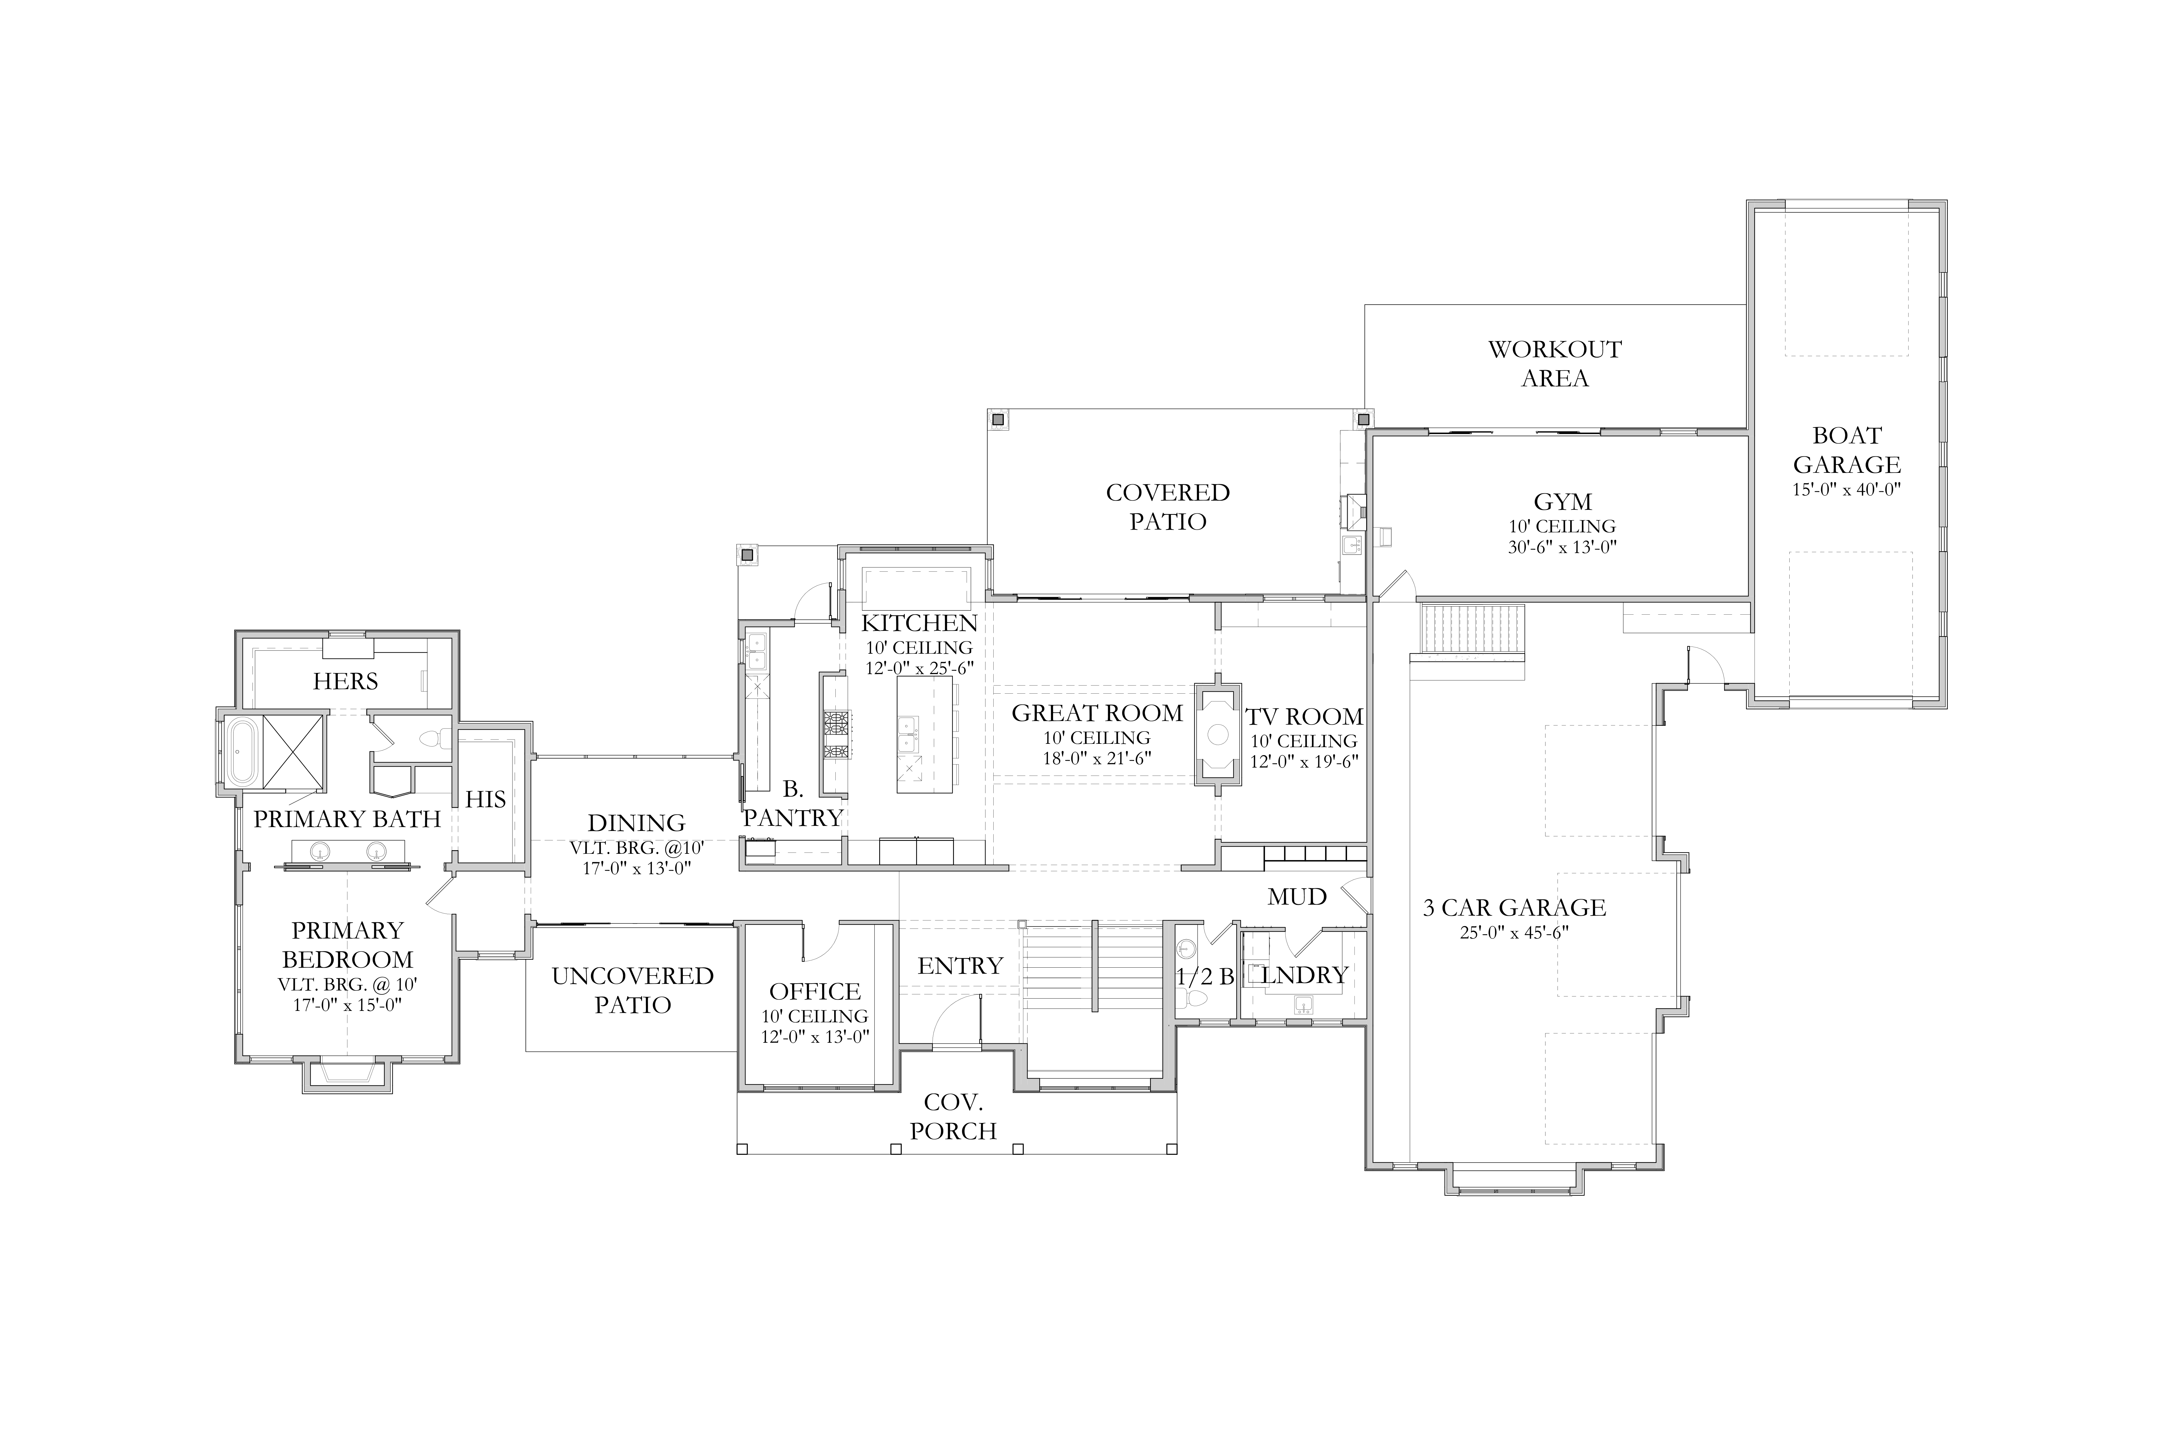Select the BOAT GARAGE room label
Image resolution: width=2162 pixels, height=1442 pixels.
pos(1847,450)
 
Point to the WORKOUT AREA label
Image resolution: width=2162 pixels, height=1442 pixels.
pos(1555,363)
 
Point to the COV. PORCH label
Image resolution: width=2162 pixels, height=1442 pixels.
pos(953,1116)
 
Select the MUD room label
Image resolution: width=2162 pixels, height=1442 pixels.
pos(1297,897)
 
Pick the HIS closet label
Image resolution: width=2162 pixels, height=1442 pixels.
pos(485,799)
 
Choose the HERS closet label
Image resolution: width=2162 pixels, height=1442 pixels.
pos(346,681)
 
